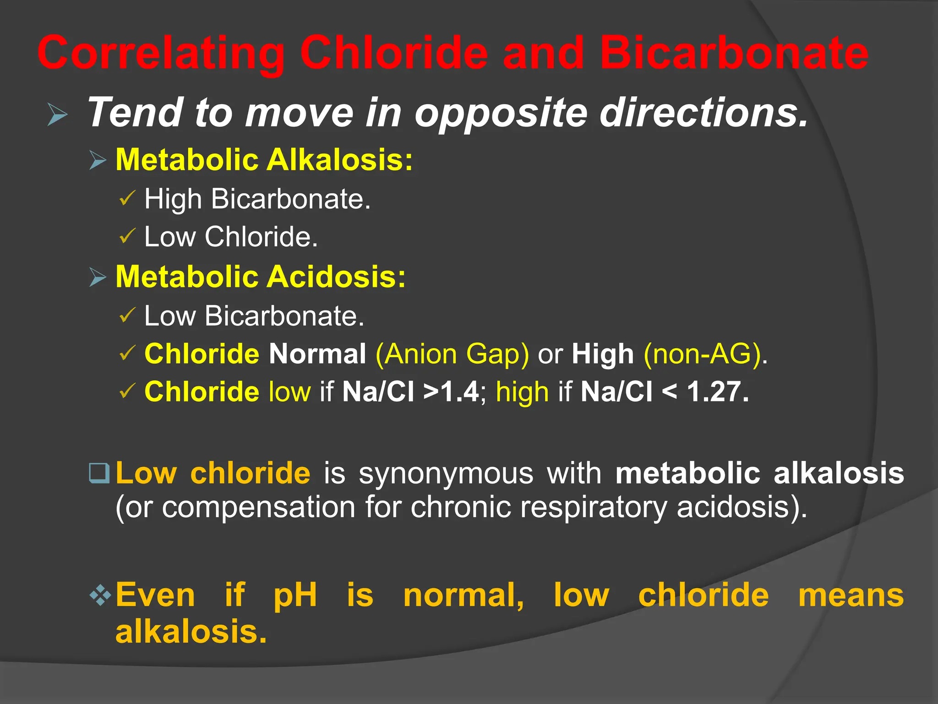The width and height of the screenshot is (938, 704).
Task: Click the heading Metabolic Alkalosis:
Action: pyautogui.click(x=264, y=160)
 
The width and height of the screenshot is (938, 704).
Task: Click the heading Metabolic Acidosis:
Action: pyautogui.click(x=261, y=277)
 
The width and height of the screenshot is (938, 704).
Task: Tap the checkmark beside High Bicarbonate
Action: pyautogui.click(x=127, y=199)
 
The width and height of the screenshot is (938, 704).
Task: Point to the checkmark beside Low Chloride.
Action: pyautogui.click(x=127, y=236)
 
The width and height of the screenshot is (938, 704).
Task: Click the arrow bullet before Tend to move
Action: pyautogui.click(x=58, y=114)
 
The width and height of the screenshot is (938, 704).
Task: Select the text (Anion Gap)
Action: pyautogui.click(x=452, y=354)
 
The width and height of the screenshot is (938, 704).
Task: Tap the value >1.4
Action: pyautogui.click(x=451, y=392)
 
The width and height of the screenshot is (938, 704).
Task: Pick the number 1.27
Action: pyautogui.click(x=718, y=392)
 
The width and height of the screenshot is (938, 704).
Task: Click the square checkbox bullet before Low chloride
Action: pyautogui.click(x=99, y=473)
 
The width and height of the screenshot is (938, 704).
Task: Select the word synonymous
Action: pyautogui.click(x=446, y=473)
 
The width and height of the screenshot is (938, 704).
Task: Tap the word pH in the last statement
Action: pyautogui.click(x=295, y=595)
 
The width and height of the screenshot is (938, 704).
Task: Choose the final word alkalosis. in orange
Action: pyautogui.click(x=191, y=632)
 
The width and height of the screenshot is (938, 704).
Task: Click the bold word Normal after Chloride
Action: pyautogui.click(x=317, y=354)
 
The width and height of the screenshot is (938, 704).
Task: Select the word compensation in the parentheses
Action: pyautogui.click(x=259, y=507)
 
